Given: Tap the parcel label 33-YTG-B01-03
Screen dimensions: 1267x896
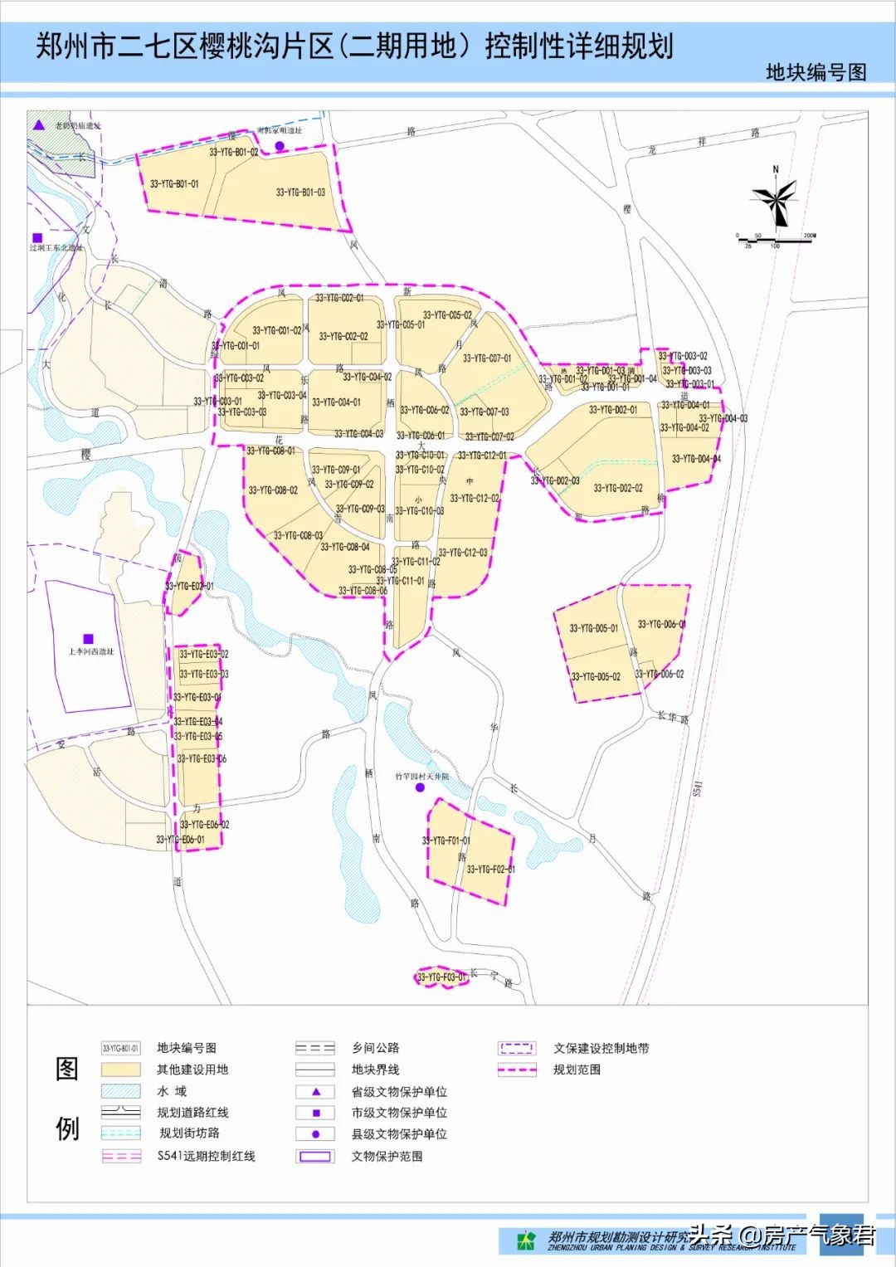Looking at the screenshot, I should pos(300,192).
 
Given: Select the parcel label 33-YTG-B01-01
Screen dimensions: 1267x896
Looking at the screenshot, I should pos(174,184).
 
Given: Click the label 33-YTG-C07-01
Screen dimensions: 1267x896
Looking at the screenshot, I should pos(487,358).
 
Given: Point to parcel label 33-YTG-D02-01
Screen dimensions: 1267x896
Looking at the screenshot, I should pos(613,410).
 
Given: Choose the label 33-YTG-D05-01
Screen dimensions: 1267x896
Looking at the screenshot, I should pos(594,628).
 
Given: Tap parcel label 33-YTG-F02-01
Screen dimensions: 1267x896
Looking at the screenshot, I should pos(490,870).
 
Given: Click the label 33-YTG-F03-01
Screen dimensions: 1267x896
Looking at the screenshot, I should pos(441,977).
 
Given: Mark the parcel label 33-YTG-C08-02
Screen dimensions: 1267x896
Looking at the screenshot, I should pos(273,490).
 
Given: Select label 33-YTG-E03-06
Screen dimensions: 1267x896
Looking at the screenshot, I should pos(202,758).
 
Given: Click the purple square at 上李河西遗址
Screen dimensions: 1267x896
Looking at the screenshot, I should pos(89,640).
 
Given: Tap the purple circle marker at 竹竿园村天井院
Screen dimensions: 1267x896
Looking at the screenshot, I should pos(420,787).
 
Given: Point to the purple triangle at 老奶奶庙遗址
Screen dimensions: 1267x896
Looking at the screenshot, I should pos(38,125).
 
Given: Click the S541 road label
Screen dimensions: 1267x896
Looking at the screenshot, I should pos(698,788).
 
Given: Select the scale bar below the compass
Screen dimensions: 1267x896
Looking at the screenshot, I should pos(775,240).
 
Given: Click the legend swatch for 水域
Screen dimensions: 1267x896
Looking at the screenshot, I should pos(120,1091).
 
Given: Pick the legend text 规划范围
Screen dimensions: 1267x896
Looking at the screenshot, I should pos(577,1070).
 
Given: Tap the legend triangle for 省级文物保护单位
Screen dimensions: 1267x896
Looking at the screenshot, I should pos(315,1092).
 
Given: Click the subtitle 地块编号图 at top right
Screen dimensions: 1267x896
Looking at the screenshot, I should pos(816,72).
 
